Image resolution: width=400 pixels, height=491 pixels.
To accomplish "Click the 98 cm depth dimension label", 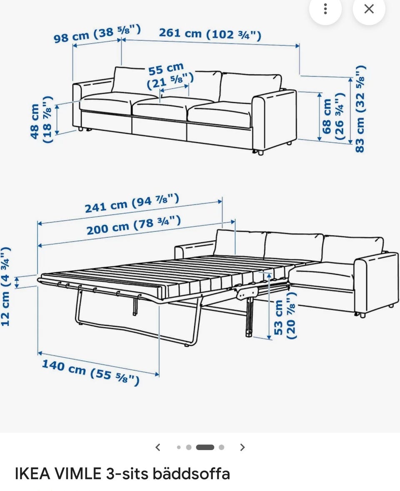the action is click(x=97, y=33).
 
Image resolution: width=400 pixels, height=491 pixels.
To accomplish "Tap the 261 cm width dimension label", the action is click(x=210, y=33).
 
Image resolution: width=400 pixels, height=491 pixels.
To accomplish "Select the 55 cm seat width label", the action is click(x=170, y=76).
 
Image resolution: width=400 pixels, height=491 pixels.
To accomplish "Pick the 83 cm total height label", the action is click(x=360, y=109).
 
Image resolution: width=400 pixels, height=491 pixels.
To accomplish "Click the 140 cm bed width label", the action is click(x=91, y=373).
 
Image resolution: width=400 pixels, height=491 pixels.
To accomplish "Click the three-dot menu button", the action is click(x=325, y=9).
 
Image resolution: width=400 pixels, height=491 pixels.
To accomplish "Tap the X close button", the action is click(x=369, y=9).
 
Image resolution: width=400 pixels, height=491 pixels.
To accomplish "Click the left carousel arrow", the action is click(x=158, y=447).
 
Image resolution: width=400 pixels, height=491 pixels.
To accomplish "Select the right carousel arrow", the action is click(x=242, y=447).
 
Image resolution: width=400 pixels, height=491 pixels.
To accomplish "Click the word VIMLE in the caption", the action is click(x=78, y=474).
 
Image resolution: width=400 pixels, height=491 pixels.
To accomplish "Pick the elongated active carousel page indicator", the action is click(x=205, y=447).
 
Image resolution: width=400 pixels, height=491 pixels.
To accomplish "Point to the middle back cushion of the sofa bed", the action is click(x=294, y=247).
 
